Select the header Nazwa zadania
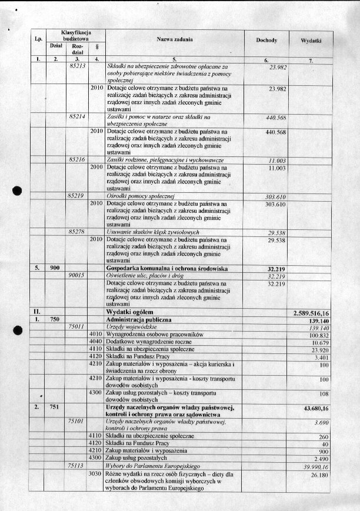(174, 39)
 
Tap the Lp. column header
(38, 39)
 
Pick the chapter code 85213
(78, 67)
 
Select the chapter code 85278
(78, 232)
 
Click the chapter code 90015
(77, 275)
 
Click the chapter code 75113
(78, 465)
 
